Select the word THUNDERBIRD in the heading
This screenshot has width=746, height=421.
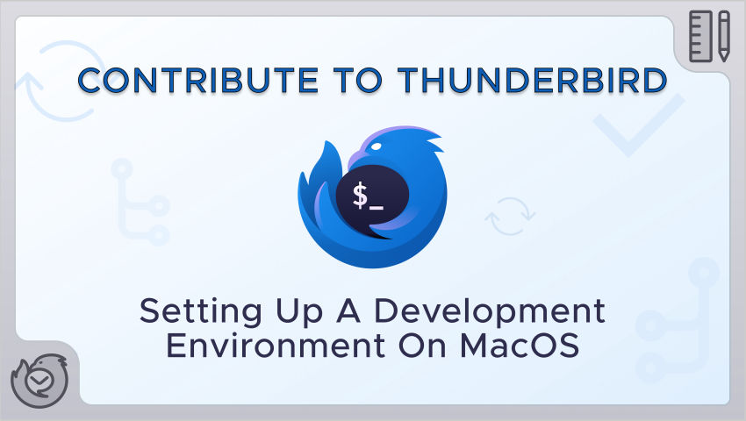[x=533, y=80]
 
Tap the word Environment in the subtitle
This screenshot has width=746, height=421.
[x=276, y=346]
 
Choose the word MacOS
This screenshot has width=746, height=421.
[x=520, y=346]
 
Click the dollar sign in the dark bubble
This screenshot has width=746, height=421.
[x=360, y=195]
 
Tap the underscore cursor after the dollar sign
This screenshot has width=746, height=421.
[x=377, y=207]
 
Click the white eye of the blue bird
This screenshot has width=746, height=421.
[x=376, y=147]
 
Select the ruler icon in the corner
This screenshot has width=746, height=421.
[x=701, y=37]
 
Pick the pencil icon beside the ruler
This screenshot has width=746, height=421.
[x=724, y=37]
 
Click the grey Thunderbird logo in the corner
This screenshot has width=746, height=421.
[x=39, y=381]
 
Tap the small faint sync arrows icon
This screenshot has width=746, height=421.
[x=510, y=217]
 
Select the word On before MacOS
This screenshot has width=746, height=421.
[x=422, y=346]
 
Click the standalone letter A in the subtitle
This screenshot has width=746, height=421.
[x=348, y=310]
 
